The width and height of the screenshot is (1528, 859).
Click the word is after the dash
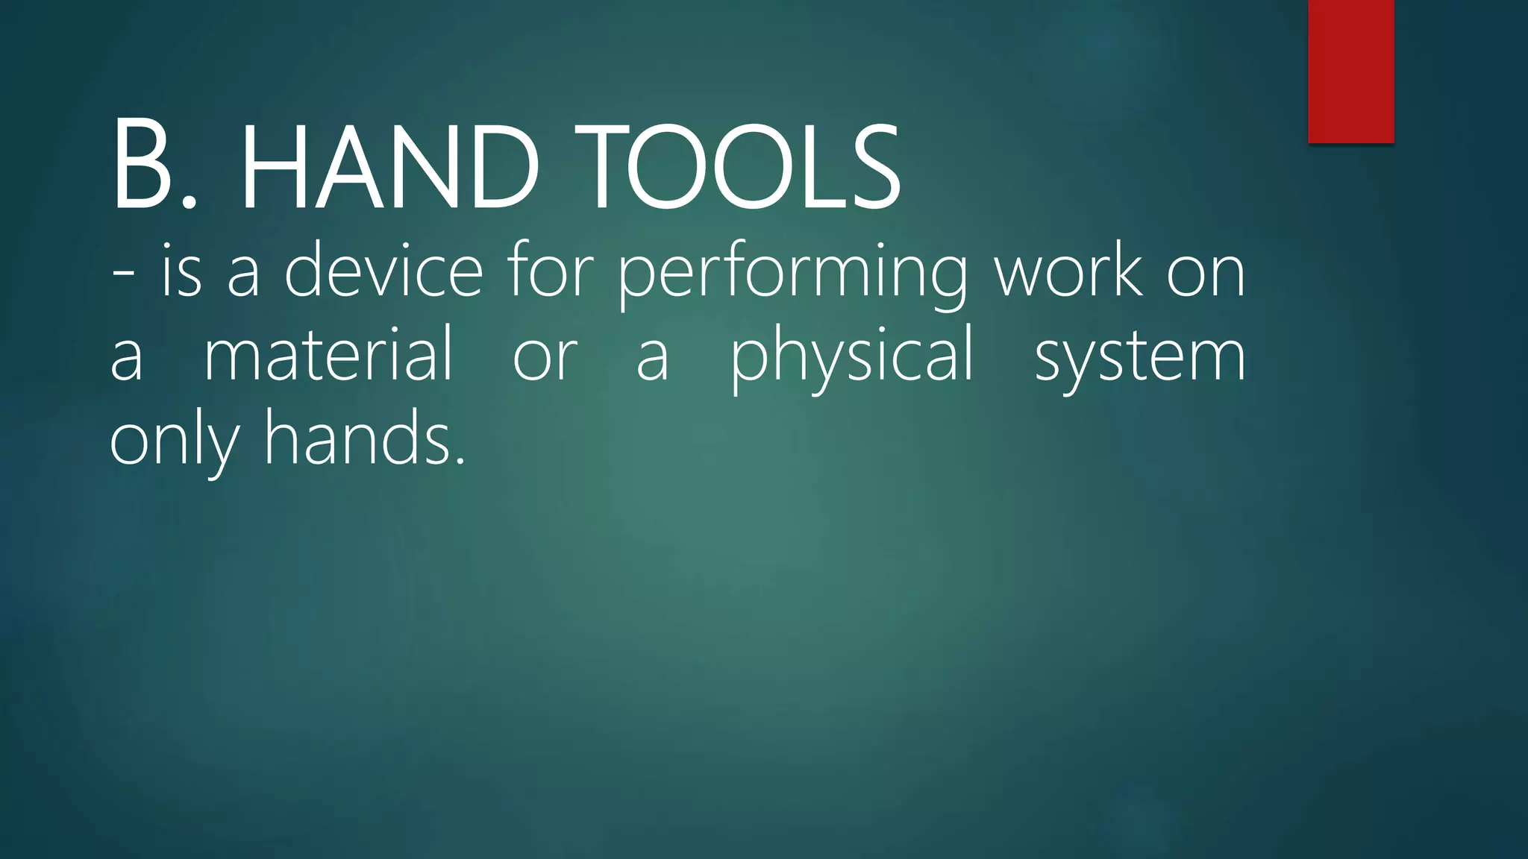(x=181, y=270)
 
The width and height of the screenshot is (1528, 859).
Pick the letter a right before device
(x=244, y=276)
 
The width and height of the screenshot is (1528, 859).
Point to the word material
(x=328, y=353)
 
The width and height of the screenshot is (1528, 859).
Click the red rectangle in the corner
(x=1350, y=71)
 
